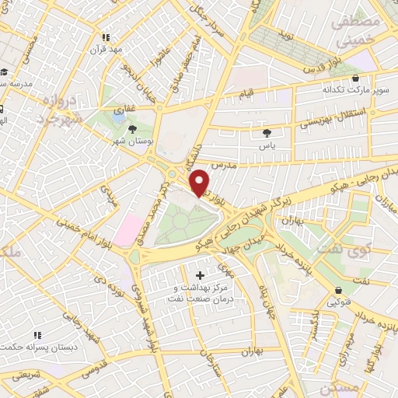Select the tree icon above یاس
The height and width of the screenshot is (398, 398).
268,133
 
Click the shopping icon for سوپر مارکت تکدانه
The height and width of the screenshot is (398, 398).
355,79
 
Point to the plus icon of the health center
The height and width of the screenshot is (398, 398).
201,275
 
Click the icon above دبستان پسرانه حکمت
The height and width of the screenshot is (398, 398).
37,336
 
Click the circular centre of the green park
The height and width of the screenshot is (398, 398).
180,222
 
